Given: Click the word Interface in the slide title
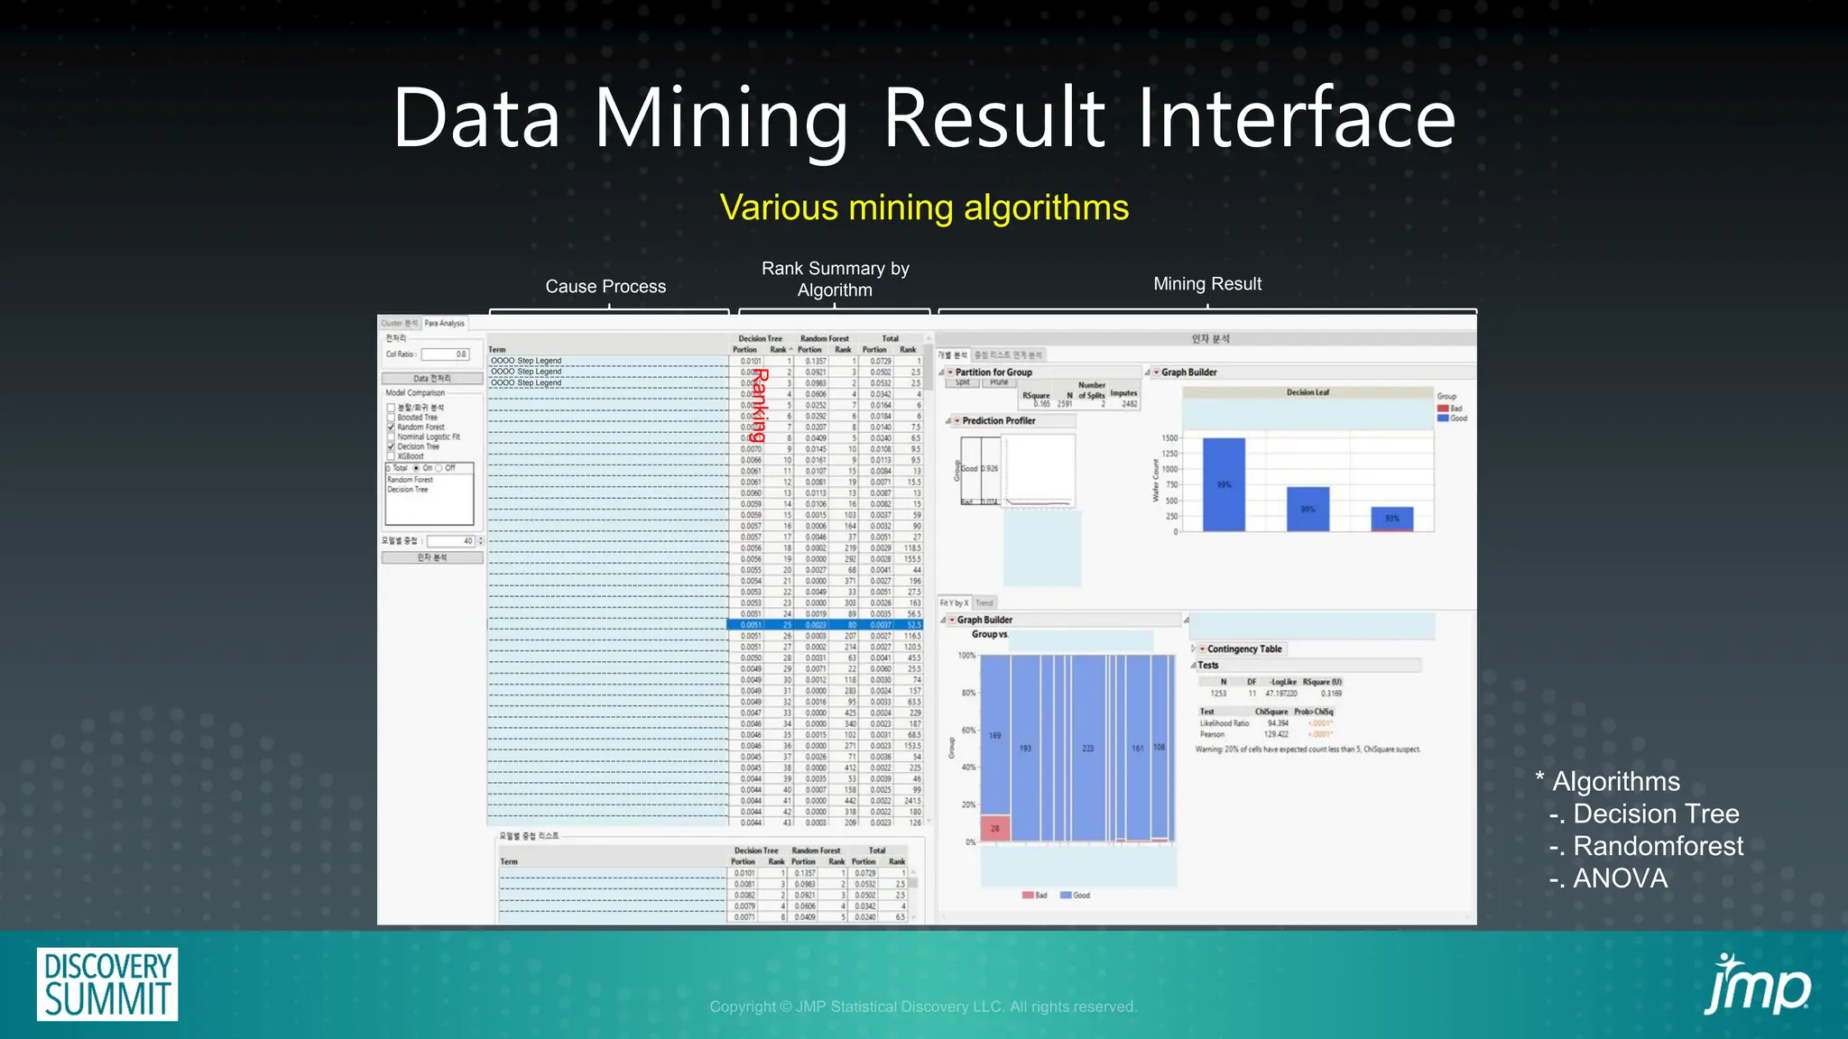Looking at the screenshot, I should coord(1296,118).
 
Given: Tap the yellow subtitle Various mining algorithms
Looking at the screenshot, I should coord(924,207).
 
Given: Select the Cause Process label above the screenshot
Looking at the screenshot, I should coord(605,287).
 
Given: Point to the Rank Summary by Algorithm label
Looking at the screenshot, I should coord(835,280).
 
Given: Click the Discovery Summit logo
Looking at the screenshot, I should coord(107,984).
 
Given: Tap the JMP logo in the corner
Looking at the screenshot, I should coord(1756,985).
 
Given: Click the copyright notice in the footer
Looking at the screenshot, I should coord(923,1007).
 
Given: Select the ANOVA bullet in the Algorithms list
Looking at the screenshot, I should coord(1620,878).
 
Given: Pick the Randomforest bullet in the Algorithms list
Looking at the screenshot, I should coord(1658,846).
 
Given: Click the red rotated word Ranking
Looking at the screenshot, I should coord(761,405).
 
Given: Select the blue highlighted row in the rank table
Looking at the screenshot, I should coord(825,625).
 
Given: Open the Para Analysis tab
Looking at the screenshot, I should coord(445,323).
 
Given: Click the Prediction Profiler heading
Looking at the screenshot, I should coord(998,421).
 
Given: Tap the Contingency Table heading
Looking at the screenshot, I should coord(1243,649).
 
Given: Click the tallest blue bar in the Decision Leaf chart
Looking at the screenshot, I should coord(1224,484).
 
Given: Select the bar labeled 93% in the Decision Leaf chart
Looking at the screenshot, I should coord(1392,519).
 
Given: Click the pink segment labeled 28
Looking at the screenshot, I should coord(994,828).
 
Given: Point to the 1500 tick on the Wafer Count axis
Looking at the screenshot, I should coord(1169,438).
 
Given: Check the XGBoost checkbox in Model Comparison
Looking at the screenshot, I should coord(391,456).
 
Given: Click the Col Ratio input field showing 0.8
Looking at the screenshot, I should coord(446,354).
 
